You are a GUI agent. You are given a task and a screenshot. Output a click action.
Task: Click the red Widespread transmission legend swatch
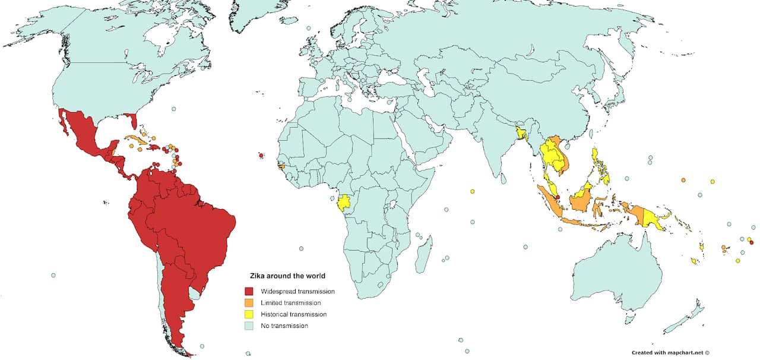point(249,292)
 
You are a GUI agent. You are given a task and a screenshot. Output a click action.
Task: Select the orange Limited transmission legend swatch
point(249,303)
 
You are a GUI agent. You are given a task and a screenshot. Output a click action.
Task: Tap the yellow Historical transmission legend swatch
point(249,314)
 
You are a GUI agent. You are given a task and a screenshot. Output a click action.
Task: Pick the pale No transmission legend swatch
point(249,326)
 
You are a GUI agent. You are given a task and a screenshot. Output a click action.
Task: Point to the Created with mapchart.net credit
point(670,352)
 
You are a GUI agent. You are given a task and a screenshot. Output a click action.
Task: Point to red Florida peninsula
point(134,122)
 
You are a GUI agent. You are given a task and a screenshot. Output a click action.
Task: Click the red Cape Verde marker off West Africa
point(261,156)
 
